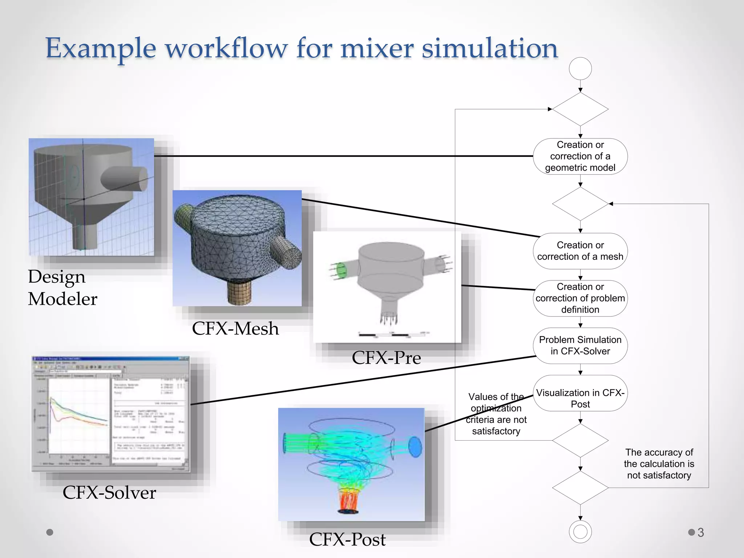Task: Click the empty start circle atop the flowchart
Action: point(580,69)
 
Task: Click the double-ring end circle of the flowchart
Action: point(580,532)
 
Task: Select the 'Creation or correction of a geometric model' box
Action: point(580,156)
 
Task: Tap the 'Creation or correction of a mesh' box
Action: point(580,251)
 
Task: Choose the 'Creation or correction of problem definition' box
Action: point(580,298)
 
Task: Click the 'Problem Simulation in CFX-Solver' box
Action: point(580,345)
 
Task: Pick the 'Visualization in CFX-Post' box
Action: point(580,398)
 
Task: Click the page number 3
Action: point(701,533)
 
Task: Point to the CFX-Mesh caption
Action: point(235,328)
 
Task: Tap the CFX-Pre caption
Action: point(386,358)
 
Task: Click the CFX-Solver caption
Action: point(109,493)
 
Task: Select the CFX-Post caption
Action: point(347,539)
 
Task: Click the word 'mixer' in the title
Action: point(377,48)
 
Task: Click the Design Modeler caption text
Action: point(62,288)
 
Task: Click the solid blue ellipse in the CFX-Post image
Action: point(415,447)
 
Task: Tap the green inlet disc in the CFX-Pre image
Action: point(341,271)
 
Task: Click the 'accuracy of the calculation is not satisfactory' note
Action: point(659,464)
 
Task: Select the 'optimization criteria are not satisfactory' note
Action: point(496,414)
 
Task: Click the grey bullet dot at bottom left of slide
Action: point(50,532)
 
